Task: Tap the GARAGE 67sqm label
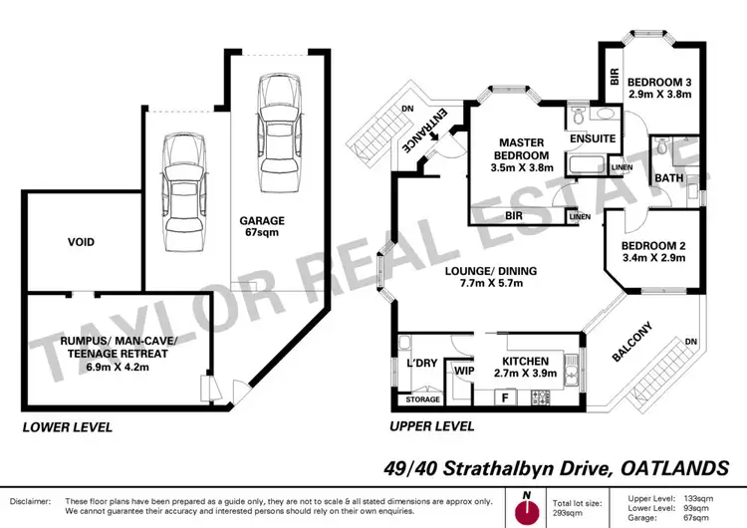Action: (262, 227)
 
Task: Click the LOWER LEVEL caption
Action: (67, 426)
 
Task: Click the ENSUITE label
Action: (593, 138)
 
